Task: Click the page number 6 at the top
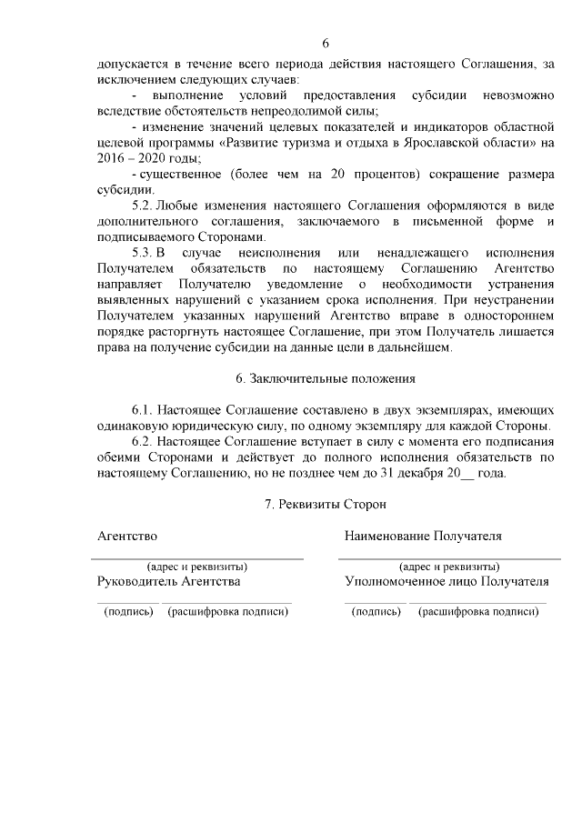click(326, 43)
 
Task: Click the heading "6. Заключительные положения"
click(325, 377)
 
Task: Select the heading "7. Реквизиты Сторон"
click(325, 503)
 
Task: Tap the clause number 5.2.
click(145, 207)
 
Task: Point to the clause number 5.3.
click(145, 250)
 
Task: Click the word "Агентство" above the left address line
click(127, 537)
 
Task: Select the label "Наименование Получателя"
click(423, 537)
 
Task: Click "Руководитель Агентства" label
click(168, 580)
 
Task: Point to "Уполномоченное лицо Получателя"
click(447, 580)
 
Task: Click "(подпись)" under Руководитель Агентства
click(129, 611)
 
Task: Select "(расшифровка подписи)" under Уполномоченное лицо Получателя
click(478, 611)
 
